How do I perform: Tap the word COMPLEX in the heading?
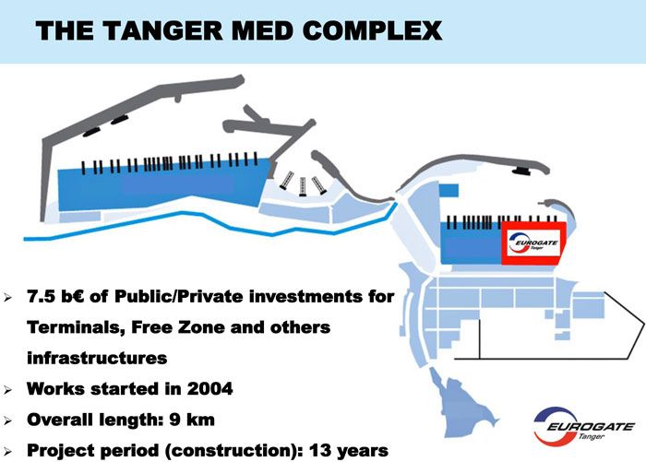pos(373,30)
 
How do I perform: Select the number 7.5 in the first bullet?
pos(41,296)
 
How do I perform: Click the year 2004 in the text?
pos(209,389)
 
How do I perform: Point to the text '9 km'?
pos(192,420)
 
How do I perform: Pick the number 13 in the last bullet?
pos(320,450)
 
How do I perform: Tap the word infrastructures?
pos(97,358)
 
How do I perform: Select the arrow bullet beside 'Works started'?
pos(7,389)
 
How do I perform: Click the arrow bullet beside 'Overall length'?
pos(7,421)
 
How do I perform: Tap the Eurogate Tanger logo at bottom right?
pos(583,426)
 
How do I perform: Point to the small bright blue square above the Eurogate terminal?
pos(449,191)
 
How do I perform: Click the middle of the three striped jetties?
pos(303,186)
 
